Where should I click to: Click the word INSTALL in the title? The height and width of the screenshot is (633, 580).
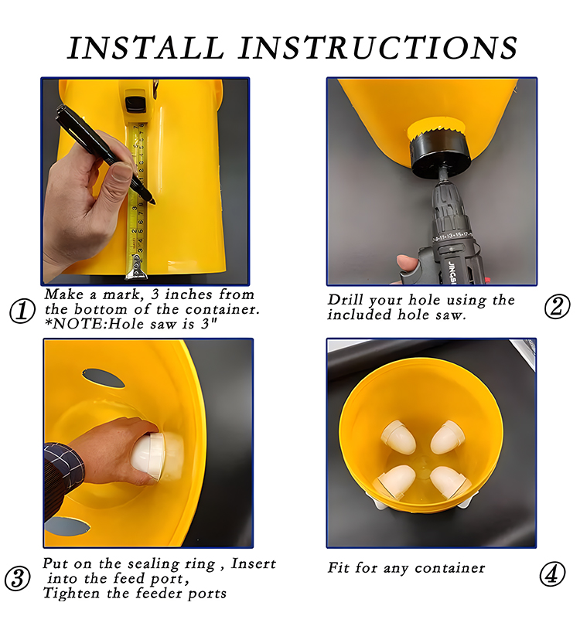coord(146,48)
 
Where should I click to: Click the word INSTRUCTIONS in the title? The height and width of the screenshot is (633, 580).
coord(377,48)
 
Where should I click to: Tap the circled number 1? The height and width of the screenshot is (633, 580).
coord(22,311)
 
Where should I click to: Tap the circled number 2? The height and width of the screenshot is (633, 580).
coord(557,306)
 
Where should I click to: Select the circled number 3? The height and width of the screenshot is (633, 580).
coord(17,578)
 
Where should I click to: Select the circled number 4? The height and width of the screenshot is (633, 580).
coord(552,573)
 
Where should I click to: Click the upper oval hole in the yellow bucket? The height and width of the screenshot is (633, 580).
coord(104,378)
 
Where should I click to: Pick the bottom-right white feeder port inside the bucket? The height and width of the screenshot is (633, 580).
coord(450,482)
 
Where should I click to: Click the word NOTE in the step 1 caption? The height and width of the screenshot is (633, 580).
coord(78,324)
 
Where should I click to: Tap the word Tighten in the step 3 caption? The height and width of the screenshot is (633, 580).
coord(71,594)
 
